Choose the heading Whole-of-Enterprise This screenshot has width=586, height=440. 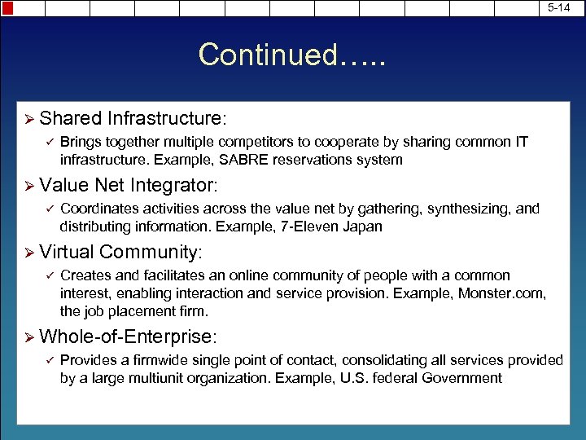pyautogui.click(x=128, y=336)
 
